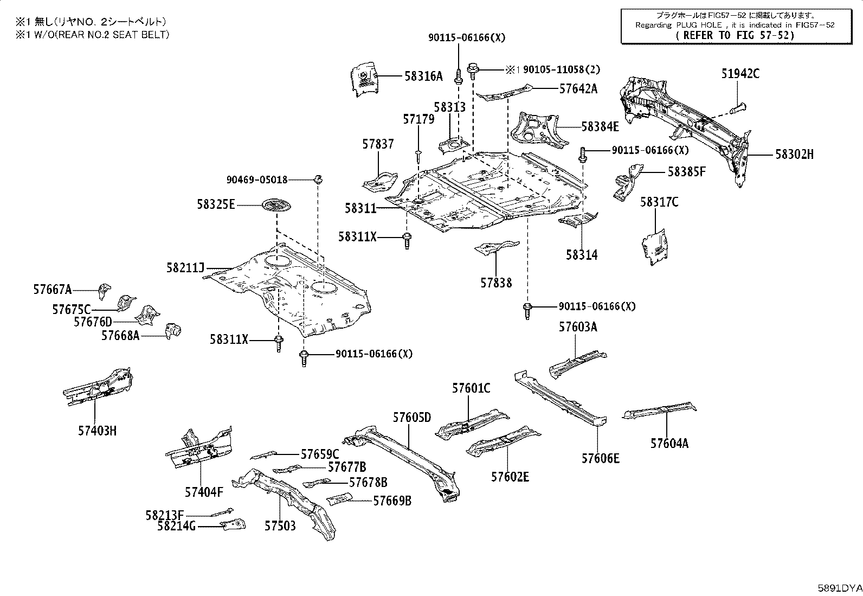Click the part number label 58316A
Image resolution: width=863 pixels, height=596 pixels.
point(423,76)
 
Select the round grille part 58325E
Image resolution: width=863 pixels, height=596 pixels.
point(276,206)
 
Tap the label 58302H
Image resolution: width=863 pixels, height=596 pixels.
point(794,155)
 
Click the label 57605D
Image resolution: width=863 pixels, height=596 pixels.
point(412,418)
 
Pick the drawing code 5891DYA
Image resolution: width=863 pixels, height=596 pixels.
point(840,588)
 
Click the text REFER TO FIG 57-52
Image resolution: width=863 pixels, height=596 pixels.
point(735,35)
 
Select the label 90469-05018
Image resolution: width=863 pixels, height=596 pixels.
point(257,180)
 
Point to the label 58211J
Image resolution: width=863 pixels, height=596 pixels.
point(185,268)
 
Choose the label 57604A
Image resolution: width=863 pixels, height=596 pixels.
point(669,444)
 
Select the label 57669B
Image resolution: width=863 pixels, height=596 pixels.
point(392,501)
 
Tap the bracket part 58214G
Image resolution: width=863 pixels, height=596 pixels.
point(233,524)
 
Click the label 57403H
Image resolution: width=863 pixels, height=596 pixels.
point(97,431)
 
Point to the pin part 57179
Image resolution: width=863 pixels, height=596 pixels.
point(418,156)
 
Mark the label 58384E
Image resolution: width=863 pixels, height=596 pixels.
point(600,127)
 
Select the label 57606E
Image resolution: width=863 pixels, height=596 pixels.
point(601,458)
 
